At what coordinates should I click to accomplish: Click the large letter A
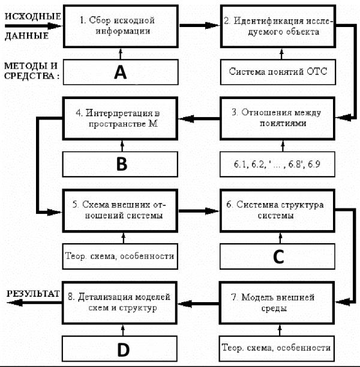click(121, 72)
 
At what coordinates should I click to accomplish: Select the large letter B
click(122, 164)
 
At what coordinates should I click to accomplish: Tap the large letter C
click(278, 256)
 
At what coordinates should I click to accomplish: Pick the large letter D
click(123, 350)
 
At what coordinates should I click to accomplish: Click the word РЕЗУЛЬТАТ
click(33, 294)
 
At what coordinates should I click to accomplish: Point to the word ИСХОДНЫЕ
click(33, 16)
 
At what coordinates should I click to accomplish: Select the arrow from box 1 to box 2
click(200, 25)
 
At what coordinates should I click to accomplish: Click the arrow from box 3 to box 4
click(199, 118)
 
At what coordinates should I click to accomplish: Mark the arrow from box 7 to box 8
click(198, 304)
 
